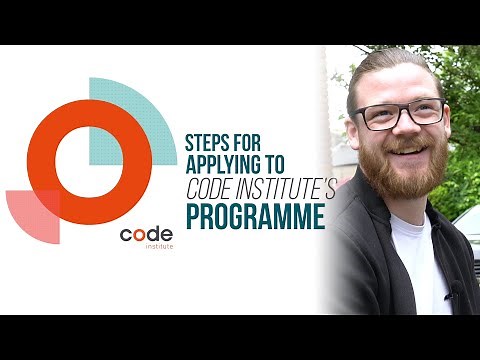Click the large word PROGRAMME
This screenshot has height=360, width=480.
257,217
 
